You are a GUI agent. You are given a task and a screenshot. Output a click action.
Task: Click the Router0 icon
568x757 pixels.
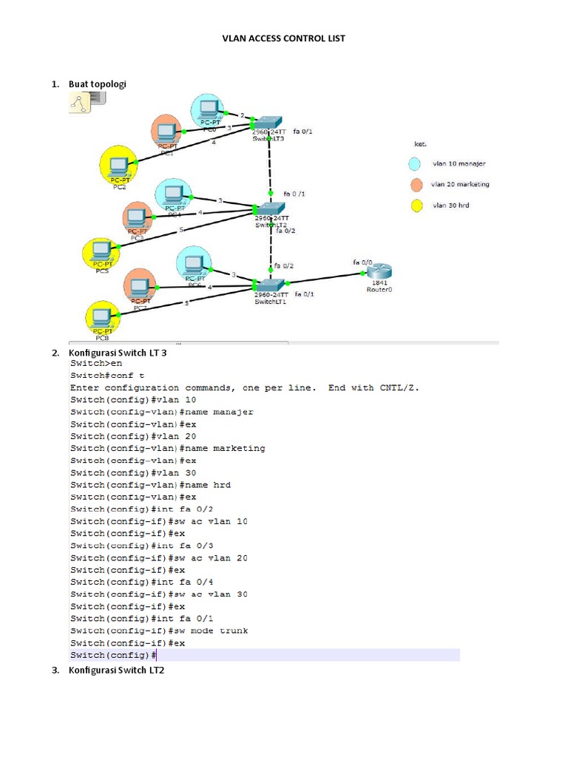(x=379, y=272)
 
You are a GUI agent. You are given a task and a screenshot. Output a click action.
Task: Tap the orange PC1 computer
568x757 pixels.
(x=166, y=133)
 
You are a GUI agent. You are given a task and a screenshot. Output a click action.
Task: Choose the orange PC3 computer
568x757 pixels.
(x=137, y=217)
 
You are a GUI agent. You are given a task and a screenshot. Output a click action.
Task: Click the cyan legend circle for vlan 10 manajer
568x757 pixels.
(x=416, y=164)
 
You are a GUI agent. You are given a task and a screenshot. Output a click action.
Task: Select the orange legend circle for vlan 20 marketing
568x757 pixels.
(x=416, y=185)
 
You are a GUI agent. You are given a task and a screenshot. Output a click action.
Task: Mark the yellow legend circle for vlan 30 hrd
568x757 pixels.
(x=416, y=206)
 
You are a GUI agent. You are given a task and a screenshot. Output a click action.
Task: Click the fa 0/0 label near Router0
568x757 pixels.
(x=362, y=262)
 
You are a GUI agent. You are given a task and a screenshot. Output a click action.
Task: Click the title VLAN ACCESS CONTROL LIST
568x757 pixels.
(x=284, y=38)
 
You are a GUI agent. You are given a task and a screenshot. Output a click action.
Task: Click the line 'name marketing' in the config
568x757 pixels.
(x=167, y=448)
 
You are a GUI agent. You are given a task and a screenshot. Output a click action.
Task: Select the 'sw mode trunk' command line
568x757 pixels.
(x=159, y=631)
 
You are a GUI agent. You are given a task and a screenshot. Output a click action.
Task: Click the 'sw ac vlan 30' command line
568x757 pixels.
(x=159, y=594)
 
